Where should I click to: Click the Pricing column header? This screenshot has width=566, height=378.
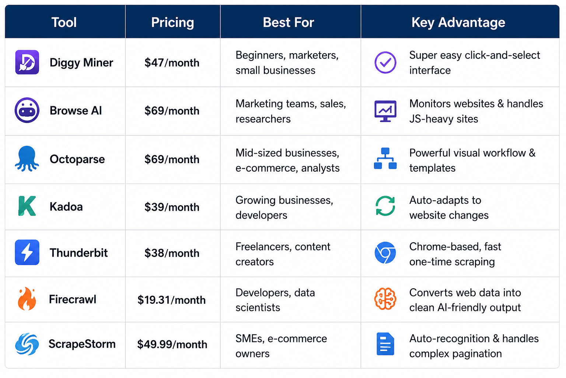click(172, 22)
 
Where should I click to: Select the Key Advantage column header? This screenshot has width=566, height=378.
click(458, 22)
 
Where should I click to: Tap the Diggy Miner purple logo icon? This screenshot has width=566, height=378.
click(27, 62)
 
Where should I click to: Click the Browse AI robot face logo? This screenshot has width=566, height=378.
click(27, 110)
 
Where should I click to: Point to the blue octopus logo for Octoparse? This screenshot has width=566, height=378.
click(27, 159)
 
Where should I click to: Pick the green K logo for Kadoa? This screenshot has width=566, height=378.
click(27, 206)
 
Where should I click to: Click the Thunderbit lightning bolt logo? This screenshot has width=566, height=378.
click(27, 252)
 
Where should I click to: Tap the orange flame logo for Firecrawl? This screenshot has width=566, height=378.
click(27, 299)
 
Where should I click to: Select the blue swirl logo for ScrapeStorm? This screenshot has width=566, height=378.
click(27, 344)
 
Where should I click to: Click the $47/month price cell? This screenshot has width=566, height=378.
click(172, 62)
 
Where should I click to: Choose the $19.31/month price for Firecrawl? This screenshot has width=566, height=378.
click(171, 300)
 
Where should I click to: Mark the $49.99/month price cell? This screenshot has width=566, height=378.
click(172, 344)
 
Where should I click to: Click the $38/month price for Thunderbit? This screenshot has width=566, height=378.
click(172, 253)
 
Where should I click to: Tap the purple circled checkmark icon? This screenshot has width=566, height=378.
click(385, 62)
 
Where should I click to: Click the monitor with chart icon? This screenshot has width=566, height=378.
click(385, 111)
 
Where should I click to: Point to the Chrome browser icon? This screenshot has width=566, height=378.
click(385, 252)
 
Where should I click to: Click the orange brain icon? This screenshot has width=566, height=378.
click(385, 299)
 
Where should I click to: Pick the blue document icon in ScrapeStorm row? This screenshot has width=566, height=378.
click(385, 344)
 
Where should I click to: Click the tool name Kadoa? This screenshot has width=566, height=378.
click(66, 207)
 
